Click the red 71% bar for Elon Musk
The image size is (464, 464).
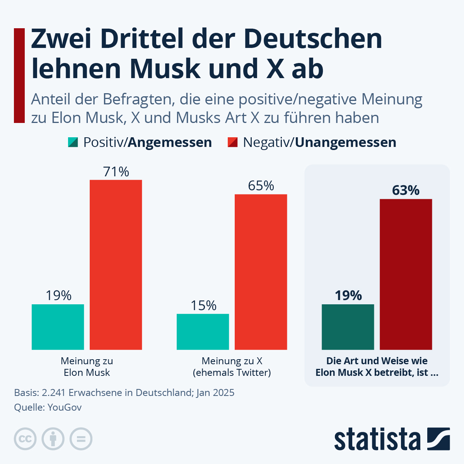click(x=116, y=265)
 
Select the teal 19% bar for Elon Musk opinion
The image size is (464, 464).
click(x=58, y=327)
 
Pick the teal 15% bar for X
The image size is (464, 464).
click(x=203, y=332)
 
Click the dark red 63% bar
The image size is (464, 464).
click(x=406, y=275)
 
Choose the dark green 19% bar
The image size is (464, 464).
click(x=348, y=327)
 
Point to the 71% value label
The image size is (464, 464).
click(x=116, y=172)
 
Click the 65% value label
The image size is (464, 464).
click(x=261, y=186)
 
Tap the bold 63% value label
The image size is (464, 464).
click(x=406, y=191)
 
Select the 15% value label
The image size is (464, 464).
click(x=203, y=306)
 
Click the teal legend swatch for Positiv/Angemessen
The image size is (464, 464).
click(x=73, y=142)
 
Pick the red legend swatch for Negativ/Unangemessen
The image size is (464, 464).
click(x=232, y=142)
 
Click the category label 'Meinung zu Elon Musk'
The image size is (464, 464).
click(x=87, y=367)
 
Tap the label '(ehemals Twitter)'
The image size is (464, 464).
click(x=232, y=373)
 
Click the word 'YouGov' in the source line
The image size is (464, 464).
click(x=65, y=407)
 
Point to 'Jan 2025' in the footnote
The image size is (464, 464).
click(x=215, y=393)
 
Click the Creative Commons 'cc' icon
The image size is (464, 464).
click(x=25, y=439)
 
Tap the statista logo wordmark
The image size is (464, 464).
click(x=377, y=439)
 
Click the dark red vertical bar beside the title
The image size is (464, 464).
click(x=19, y=75)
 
